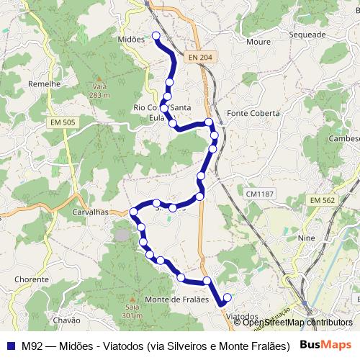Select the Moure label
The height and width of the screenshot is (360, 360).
tap(258, 42)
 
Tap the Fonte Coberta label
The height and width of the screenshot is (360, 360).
tap(250, 113)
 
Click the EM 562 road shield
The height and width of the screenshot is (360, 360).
tap(323, 199)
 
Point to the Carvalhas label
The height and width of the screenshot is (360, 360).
tap(90, 213)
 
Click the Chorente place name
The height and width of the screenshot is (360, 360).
tap(31, 279)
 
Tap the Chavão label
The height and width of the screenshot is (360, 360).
tap(67, 320)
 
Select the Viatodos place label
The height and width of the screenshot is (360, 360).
tap(242, 316)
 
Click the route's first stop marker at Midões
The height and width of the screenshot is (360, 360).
tap(156, 35)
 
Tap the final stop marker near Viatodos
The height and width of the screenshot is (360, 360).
tap(228, 297)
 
